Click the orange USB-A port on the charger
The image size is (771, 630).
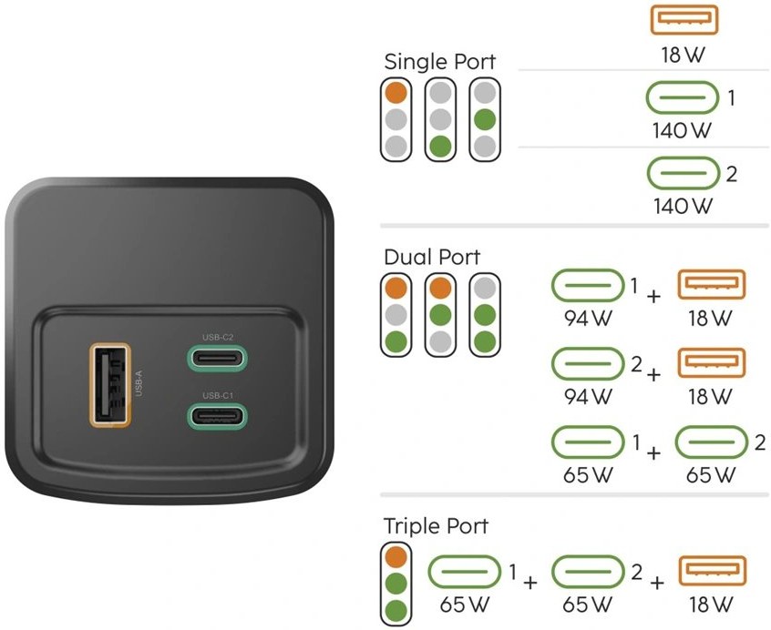(110, 385)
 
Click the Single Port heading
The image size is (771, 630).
(440, 62)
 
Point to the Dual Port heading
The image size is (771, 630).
(432, 257)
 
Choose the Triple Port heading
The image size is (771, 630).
(436, 526)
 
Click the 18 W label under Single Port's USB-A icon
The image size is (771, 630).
(684, 54)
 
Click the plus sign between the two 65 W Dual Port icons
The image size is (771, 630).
(653, 452)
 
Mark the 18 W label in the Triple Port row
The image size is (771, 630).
(712, 603)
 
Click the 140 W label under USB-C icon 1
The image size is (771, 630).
(682, 130)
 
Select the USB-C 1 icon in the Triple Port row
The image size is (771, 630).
(465, 572)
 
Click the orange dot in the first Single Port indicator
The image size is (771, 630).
(395, 92)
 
